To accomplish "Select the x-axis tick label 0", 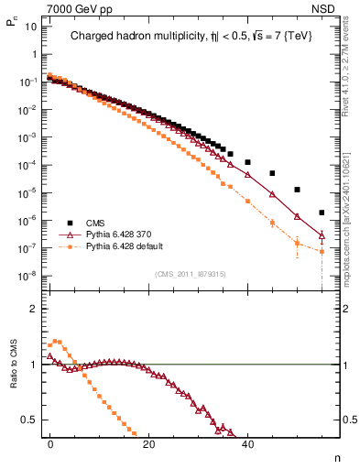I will tap(50, 442).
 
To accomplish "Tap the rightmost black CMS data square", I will tap(322, 213).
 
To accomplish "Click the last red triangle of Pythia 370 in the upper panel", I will tap(322, 235).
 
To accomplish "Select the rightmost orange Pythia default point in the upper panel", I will tap(322, 251).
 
